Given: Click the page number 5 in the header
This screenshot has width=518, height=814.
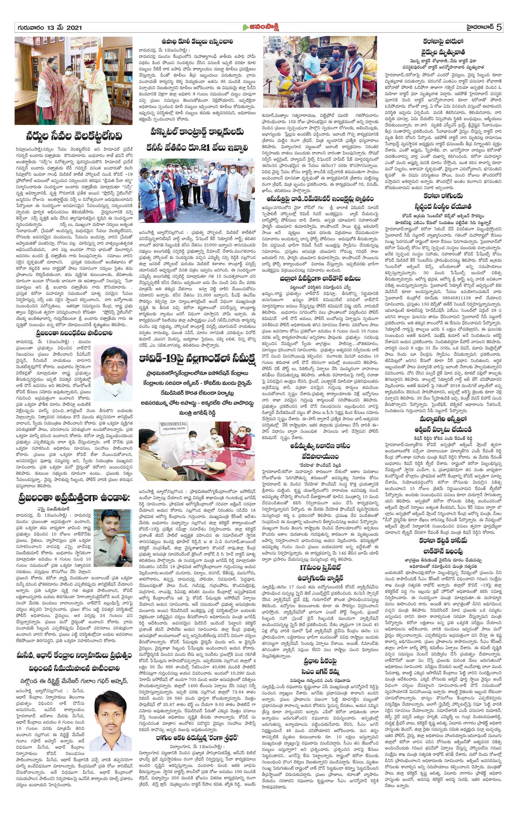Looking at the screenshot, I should [498, 27].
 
